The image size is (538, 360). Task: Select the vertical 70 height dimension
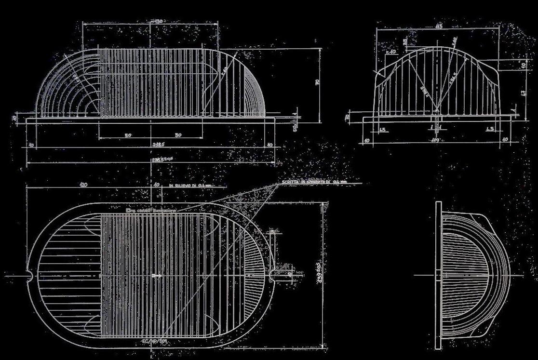pyautogui.click(x=317, y=82)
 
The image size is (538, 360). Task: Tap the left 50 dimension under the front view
pyautogui.click(x=128, y=135)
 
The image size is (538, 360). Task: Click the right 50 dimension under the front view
pyautogui.click(x=178, y=135)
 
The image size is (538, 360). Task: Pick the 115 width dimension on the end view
pyautogui.click(x=438, y=26)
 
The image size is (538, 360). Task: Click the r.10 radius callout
pyautogui.click(x=391, y=51)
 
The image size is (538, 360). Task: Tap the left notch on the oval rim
pyautogui.click(x=30, y=276)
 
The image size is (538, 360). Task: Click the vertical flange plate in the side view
pyautogui.click(x=438, y=275)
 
